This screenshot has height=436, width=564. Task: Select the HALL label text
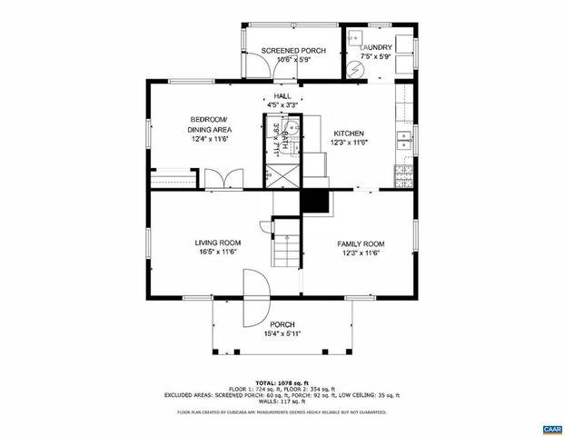point(282,95)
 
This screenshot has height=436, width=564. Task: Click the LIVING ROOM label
point(218,243)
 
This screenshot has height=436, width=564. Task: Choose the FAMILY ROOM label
point(361,243)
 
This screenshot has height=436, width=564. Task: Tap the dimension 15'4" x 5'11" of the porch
point(282,333)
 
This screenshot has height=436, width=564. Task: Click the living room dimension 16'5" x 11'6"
point(218,253)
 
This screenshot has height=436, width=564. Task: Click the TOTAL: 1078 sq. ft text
point(282,381)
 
